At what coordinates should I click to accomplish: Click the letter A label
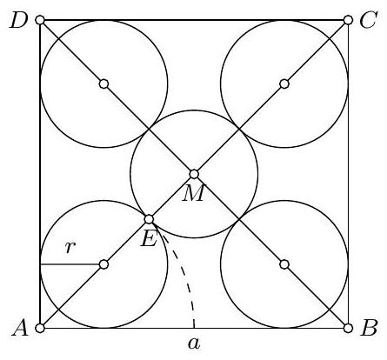click(x=20, y=329)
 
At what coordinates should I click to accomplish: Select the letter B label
click(x=369, y=328)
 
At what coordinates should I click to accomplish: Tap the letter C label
click(x=368, y=20)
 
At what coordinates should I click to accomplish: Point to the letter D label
click(x=18, y=20)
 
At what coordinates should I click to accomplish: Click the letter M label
click(x=193, y=193)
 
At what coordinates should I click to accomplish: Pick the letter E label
click(x=149, y=238)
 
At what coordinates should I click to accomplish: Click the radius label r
click(x=70, y=247)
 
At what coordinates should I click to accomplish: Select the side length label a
click(x=194, y=343)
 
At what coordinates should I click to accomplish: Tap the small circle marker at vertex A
click(x=40, y=328)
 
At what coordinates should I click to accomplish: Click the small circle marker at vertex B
click(x=348, y=328)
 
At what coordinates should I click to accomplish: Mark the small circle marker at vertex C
click(x=348, y=20)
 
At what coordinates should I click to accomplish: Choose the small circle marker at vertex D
click(x=40, y=20)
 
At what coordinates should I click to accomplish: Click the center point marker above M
click(x=194, y=174)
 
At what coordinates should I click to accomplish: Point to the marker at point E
click(x=149, y=219)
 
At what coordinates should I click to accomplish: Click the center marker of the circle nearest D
click(x=103, y=83)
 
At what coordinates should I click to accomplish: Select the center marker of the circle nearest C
click(x=284, y=83)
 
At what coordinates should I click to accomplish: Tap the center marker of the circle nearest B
click(x=284, y=264)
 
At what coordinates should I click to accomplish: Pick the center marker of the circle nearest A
click(x=103, y=264)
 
